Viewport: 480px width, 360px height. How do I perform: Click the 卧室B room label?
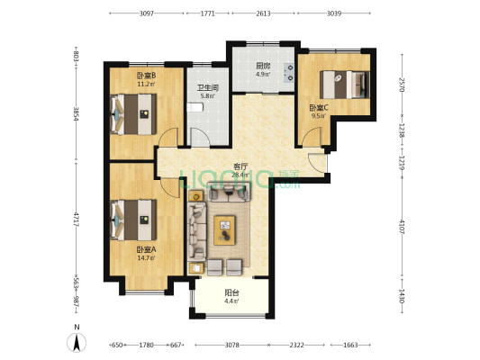point(146,76)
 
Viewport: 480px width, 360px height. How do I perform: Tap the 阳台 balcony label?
point(231,292)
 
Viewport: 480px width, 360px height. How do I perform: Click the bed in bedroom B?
point(133,113)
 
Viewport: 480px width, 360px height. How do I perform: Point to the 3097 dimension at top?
point(147,13)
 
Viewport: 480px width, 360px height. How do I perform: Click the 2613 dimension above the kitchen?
point(263,13)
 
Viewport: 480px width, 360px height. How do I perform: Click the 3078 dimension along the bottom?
point(231,345)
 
